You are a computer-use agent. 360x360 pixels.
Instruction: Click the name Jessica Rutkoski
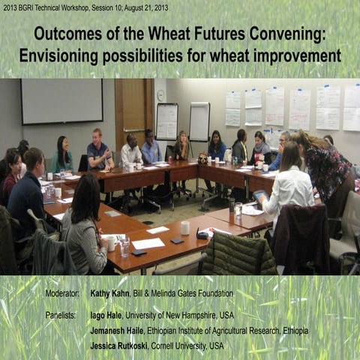click(118, 346)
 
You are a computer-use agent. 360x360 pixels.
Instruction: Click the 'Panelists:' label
click(61, 315)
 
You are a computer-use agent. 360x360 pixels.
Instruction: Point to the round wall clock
click(160, 95)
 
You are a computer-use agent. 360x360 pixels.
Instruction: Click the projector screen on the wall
click(61, 101)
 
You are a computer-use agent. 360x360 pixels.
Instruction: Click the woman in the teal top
click(61, 155)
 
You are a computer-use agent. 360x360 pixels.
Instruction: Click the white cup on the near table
click(184, 227)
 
